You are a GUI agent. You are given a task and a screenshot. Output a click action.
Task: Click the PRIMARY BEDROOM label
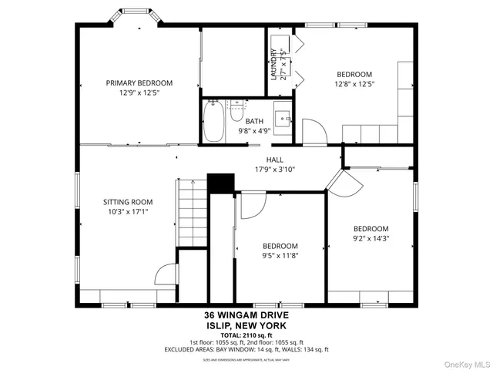[139, 82]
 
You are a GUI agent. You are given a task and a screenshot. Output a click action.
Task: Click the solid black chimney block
[221, 183]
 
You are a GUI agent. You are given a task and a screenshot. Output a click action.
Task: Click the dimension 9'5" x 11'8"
[280, 256]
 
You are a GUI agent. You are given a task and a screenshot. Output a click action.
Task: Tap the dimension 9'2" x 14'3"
[371, 238]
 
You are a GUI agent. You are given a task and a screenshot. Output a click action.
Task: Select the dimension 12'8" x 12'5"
[354, 84]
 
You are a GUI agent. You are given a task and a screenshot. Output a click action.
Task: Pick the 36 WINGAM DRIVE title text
[247, 315]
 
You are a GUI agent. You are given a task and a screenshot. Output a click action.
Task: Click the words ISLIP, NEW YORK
[247, 325]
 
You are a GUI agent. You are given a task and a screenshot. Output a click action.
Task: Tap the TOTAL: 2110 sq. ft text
[247, 335]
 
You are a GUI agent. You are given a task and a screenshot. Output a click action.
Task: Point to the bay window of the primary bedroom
[129, 17]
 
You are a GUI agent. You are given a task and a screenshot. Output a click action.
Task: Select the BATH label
[254, 121]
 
